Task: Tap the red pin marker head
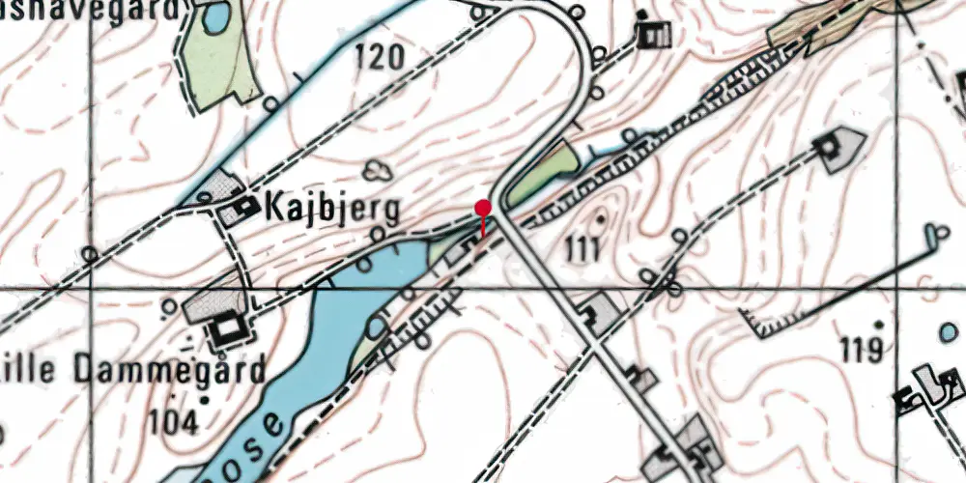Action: point(483,208)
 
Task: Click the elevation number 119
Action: point(861,349)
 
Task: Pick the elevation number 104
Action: point(174,421)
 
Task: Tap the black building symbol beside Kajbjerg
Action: point(247,205)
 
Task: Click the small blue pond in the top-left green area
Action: point(215,16)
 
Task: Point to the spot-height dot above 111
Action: point(601,220)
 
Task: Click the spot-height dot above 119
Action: point(878,324)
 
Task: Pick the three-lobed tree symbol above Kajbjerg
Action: point(378,171)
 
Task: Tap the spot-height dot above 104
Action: point(204,398)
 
